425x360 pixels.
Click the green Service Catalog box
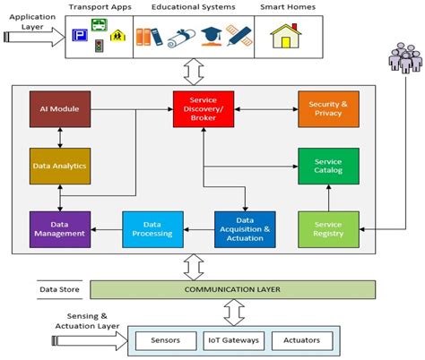tap(328, 166)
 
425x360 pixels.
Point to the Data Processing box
tap(152, 229)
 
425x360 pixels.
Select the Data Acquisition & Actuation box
tap(244, 229)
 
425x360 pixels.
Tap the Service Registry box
tap(328, 229)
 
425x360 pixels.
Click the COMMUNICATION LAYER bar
tap(232, 289)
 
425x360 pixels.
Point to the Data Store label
tap(60, 289)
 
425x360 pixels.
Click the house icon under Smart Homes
tap(285, 38)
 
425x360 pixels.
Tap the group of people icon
tap(400, 61)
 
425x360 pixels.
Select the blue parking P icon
tap(79, 39)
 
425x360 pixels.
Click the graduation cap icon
tap(212, 37)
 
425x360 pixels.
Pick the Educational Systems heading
tap(193, 8)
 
